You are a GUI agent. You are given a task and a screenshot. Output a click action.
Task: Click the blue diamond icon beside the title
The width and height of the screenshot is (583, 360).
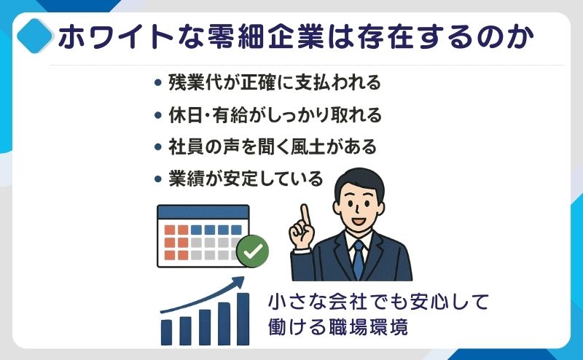coord(34,36)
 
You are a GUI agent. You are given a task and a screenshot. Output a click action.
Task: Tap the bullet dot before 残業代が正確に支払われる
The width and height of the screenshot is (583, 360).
coord(158,82)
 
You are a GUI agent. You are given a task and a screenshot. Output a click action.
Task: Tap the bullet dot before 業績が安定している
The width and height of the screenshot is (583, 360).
coord(158,179)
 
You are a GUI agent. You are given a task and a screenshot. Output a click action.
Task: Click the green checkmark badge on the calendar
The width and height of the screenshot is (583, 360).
coord(253,251)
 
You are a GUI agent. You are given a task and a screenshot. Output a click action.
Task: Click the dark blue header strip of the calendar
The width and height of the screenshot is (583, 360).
coord(203,212)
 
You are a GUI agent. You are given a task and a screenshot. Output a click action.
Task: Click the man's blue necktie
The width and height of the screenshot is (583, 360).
coord(358,259)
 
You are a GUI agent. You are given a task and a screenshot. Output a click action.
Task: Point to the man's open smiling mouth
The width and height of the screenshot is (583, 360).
coord(359,221)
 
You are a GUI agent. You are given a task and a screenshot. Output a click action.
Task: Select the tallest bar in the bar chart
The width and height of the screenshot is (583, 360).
coord(243,319)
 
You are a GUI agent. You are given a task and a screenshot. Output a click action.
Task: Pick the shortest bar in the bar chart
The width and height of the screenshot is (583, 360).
coord(167,332)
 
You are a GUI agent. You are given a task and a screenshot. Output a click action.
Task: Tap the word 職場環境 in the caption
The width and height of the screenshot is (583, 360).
coord(368,327)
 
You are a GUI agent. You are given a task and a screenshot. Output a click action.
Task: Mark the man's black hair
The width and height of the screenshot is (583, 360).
coord(359,182)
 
